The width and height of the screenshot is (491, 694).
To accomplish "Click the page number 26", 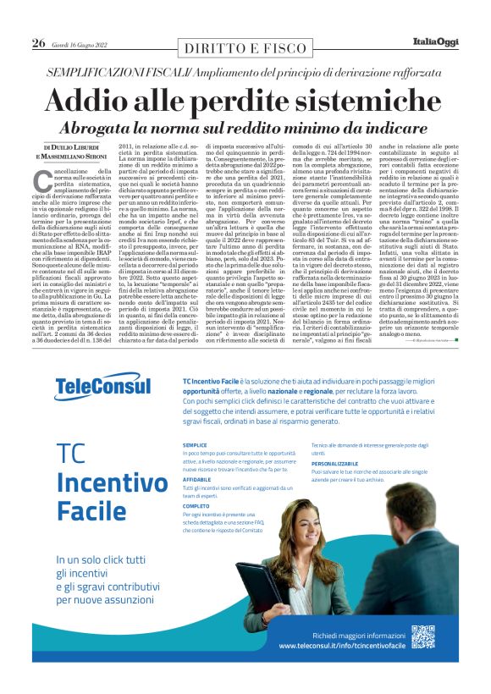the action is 38,43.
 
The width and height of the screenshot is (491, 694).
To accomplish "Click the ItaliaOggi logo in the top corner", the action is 432,42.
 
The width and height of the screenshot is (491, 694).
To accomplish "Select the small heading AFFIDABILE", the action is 196,479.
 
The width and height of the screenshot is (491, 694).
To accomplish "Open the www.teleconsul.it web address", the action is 343,646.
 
